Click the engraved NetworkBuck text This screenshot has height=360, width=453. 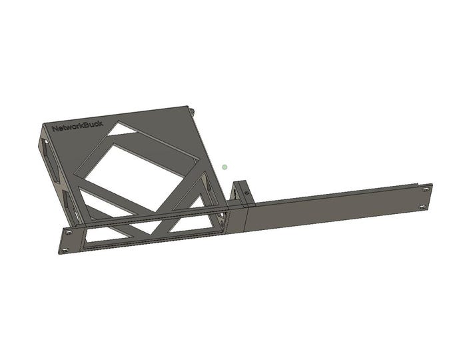[77, 127]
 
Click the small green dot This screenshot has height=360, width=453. [225, 167]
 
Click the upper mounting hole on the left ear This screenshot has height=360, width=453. [68, 232]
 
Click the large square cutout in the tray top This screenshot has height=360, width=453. [137, 170]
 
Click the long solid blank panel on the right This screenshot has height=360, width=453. [333, 208]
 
